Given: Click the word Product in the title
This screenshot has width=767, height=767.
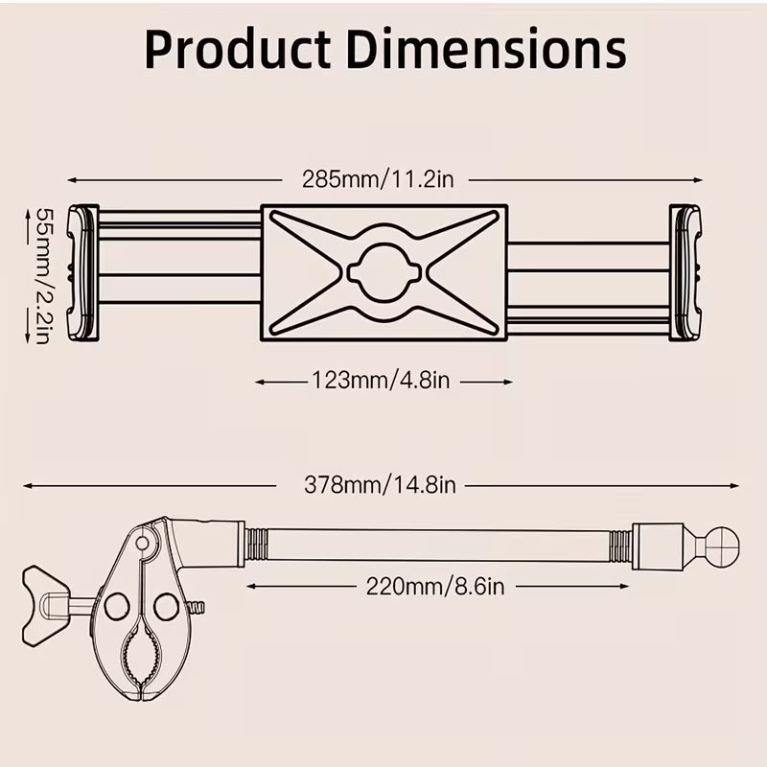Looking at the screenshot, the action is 238,50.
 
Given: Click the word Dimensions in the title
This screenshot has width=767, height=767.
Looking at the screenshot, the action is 487,49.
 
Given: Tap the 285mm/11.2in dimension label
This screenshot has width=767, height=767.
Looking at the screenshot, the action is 378,179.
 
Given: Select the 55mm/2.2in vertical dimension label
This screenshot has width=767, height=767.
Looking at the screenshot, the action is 43,276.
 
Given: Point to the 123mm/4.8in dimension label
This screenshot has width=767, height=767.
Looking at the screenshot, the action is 381,380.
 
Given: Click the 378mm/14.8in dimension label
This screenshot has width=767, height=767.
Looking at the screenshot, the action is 380,485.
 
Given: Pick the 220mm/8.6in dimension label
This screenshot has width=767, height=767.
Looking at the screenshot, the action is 435,586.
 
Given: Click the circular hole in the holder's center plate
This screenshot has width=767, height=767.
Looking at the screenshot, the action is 384,273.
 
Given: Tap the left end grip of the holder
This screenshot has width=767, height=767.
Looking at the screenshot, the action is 83,272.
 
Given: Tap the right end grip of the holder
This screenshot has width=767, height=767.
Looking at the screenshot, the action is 685,272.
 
